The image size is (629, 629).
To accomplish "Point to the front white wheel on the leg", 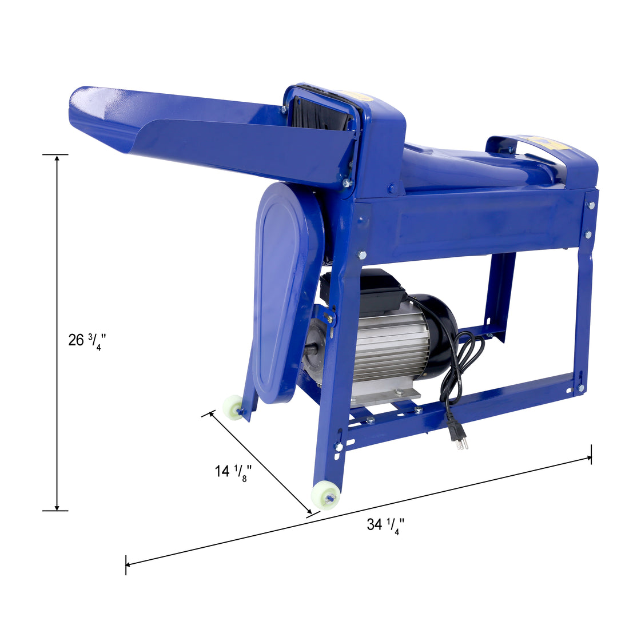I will tap(325, 495).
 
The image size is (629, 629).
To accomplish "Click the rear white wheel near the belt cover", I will tap(233, 407).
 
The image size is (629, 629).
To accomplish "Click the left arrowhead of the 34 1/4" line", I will tap(129, 564).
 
